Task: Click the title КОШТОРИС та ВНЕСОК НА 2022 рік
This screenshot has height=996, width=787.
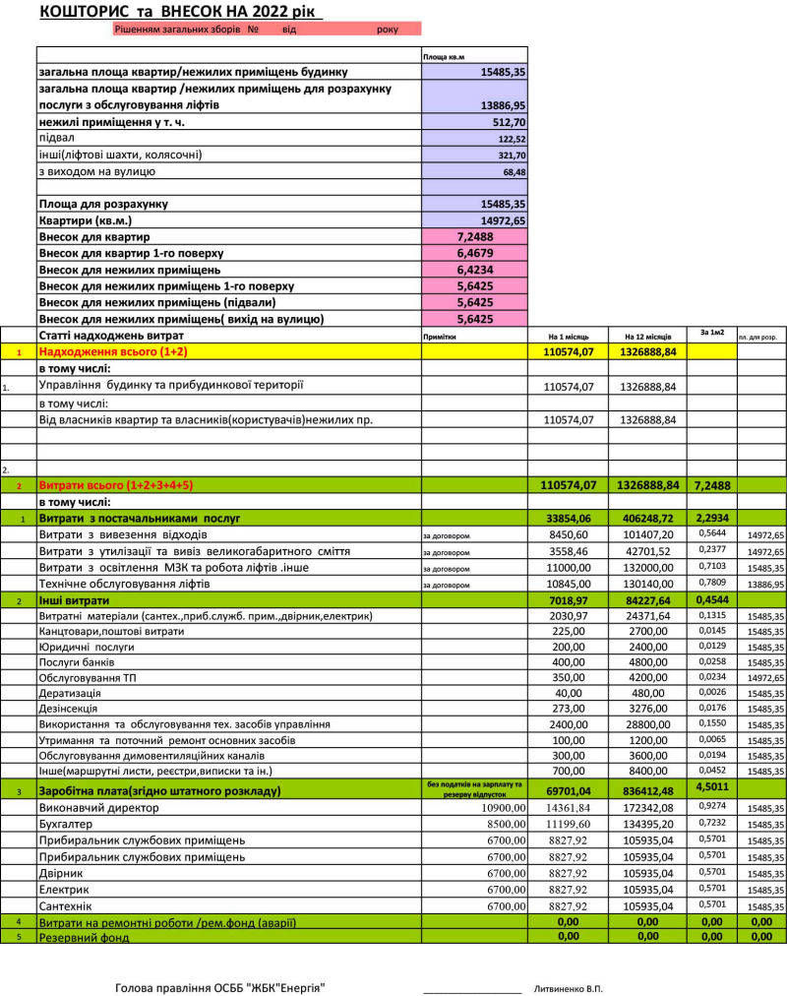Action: [181, 11]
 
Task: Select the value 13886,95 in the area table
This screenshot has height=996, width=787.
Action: [503, 104]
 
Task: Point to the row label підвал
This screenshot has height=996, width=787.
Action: [57, 139]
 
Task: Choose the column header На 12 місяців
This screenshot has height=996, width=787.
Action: [646, 337]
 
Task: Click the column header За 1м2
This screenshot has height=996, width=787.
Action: [711, 333]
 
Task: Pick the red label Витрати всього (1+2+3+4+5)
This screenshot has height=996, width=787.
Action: [115, 485]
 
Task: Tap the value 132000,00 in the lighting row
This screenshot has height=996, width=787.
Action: [646, 568]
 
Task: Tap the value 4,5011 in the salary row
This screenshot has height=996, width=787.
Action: [711, 788]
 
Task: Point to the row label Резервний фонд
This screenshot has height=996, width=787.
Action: [84, 937]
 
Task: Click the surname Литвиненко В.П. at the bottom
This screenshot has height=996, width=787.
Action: [567, 987]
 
